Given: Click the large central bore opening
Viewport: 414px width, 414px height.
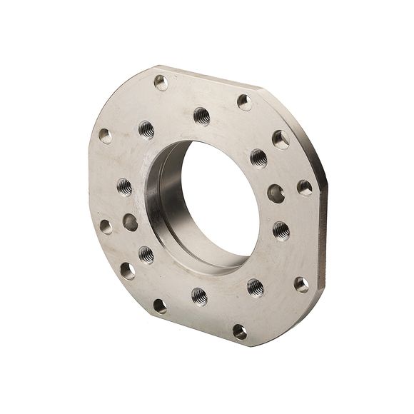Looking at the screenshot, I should [x=218, y=203].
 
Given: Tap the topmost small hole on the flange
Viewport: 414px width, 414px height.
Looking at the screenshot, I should [x=161, y=82].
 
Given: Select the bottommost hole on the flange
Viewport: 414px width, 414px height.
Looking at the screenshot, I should [x=240, y=331].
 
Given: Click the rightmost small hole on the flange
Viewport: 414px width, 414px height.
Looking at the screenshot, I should [x=305, y=188].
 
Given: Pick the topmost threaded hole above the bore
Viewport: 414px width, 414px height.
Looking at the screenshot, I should [x=202, y=116].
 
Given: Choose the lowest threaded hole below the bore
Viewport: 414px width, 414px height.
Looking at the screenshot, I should [x=199, y=295].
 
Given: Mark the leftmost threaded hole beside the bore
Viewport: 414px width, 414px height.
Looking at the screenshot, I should [x=124, y=187].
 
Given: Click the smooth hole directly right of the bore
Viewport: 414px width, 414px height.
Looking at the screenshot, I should [x=276, y=192].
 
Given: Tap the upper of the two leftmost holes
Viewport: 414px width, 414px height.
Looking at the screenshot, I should [x=106, y=136].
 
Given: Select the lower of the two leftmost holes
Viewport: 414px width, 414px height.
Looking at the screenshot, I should [x=106, y=226].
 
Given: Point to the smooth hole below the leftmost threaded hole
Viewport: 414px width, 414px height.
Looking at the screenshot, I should [x=130, y=222].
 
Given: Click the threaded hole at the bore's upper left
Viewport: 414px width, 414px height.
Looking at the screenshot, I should [x=146, y=129].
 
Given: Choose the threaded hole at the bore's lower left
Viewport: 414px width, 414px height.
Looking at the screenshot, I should [x=146, y=254].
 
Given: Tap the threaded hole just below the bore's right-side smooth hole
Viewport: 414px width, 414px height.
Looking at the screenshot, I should [x=281, y=230].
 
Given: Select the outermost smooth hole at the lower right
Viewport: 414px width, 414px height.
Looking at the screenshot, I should [x=301, y=284].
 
